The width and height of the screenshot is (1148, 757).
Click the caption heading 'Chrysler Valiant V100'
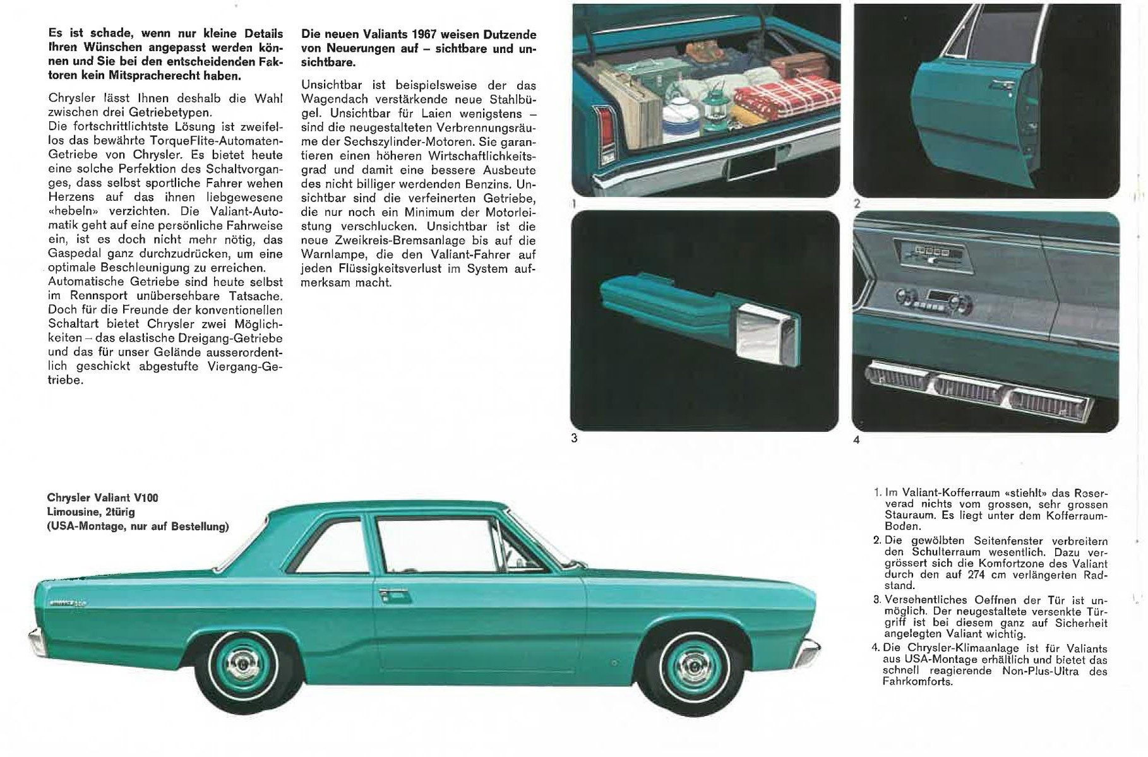tap(103, 498)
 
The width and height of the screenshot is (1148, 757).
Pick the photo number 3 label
tap(574, 438)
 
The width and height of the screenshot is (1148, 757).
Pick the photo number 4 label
tap(856, 440)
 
